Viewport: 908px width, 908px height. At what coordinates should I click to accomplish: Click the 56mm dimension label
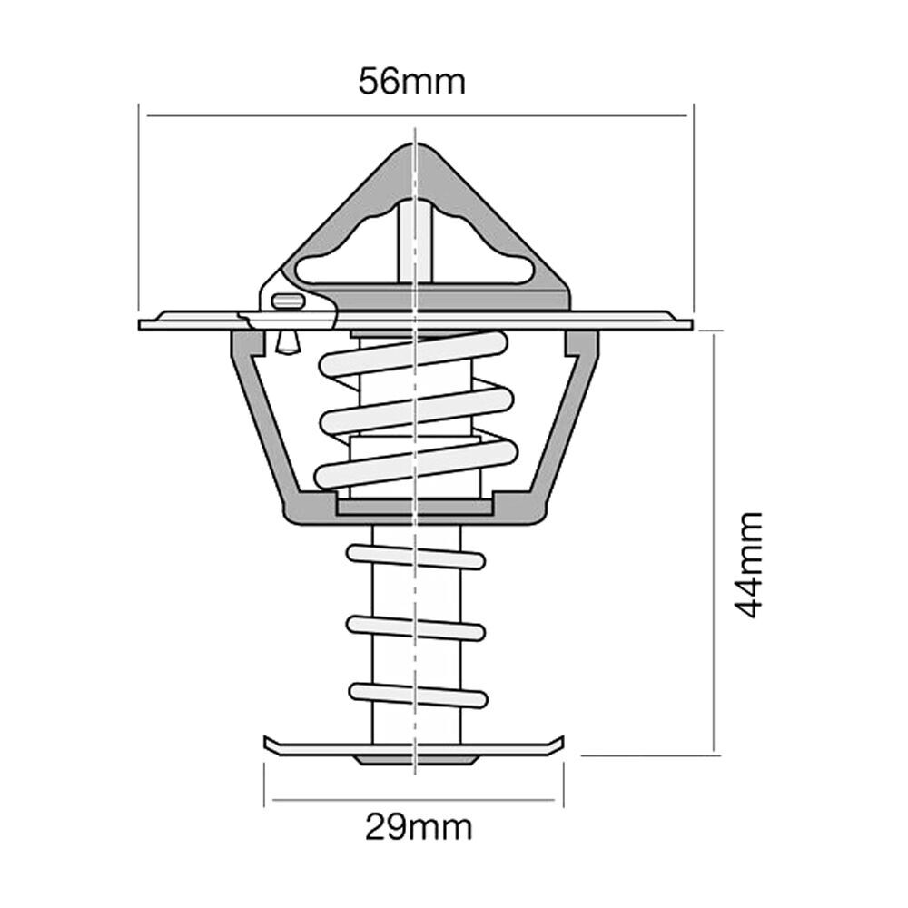click(411, 82)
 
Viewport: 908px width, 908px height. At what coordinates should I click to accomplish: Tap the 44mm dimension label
click(749, 565)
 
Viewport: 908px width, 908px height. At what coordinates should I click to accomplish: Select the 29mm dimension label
click(419, 828)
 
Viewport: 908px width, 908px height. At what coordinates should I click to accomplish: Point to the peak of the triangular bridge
click(416, 144)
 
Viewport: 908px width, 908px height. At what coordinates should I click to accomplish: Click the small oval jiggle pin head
click(288, 301)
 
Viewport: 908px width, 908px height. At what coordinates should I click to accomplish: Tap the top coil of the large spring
click(413, 353)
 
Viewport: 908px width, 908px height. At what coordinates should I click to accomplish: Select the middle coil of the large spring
click(417, 411)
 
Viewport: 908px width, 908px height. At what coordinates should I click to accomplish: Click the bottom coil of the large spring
click(416, 463)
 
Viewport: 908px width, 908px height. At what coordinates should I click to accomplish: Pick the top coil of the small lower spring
click(416, 557)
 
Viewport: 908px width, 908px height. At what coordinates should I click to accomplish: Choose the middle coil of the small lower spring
click(416, 628)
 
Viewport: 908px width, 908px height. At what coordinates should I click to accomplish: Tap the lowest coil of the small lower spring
click(418, 696)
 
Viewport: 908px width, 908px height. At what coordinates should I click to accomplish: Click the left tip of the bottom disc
click(265, 737)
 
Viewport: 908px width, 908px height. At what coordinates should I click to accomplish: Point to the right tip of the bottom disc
click(563, 737)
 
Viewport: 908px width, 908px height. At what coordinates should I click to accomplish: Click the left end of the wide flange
click(140, 325)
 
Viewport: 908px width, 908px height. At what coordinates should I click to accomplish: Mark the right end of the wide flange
click(691, 325)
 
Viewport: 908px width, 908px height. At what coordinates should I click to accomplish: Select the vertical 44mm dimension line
click(714, 543)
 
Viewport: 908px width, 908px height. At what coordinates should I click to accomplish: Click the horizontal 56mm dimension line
click(417, 116)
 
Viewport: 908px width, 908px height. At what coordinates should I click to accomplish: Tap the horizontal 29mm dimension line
click(414, 801)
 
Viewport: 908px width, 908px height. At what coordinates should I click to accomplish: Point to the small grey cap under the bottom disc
click(415, 760)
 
